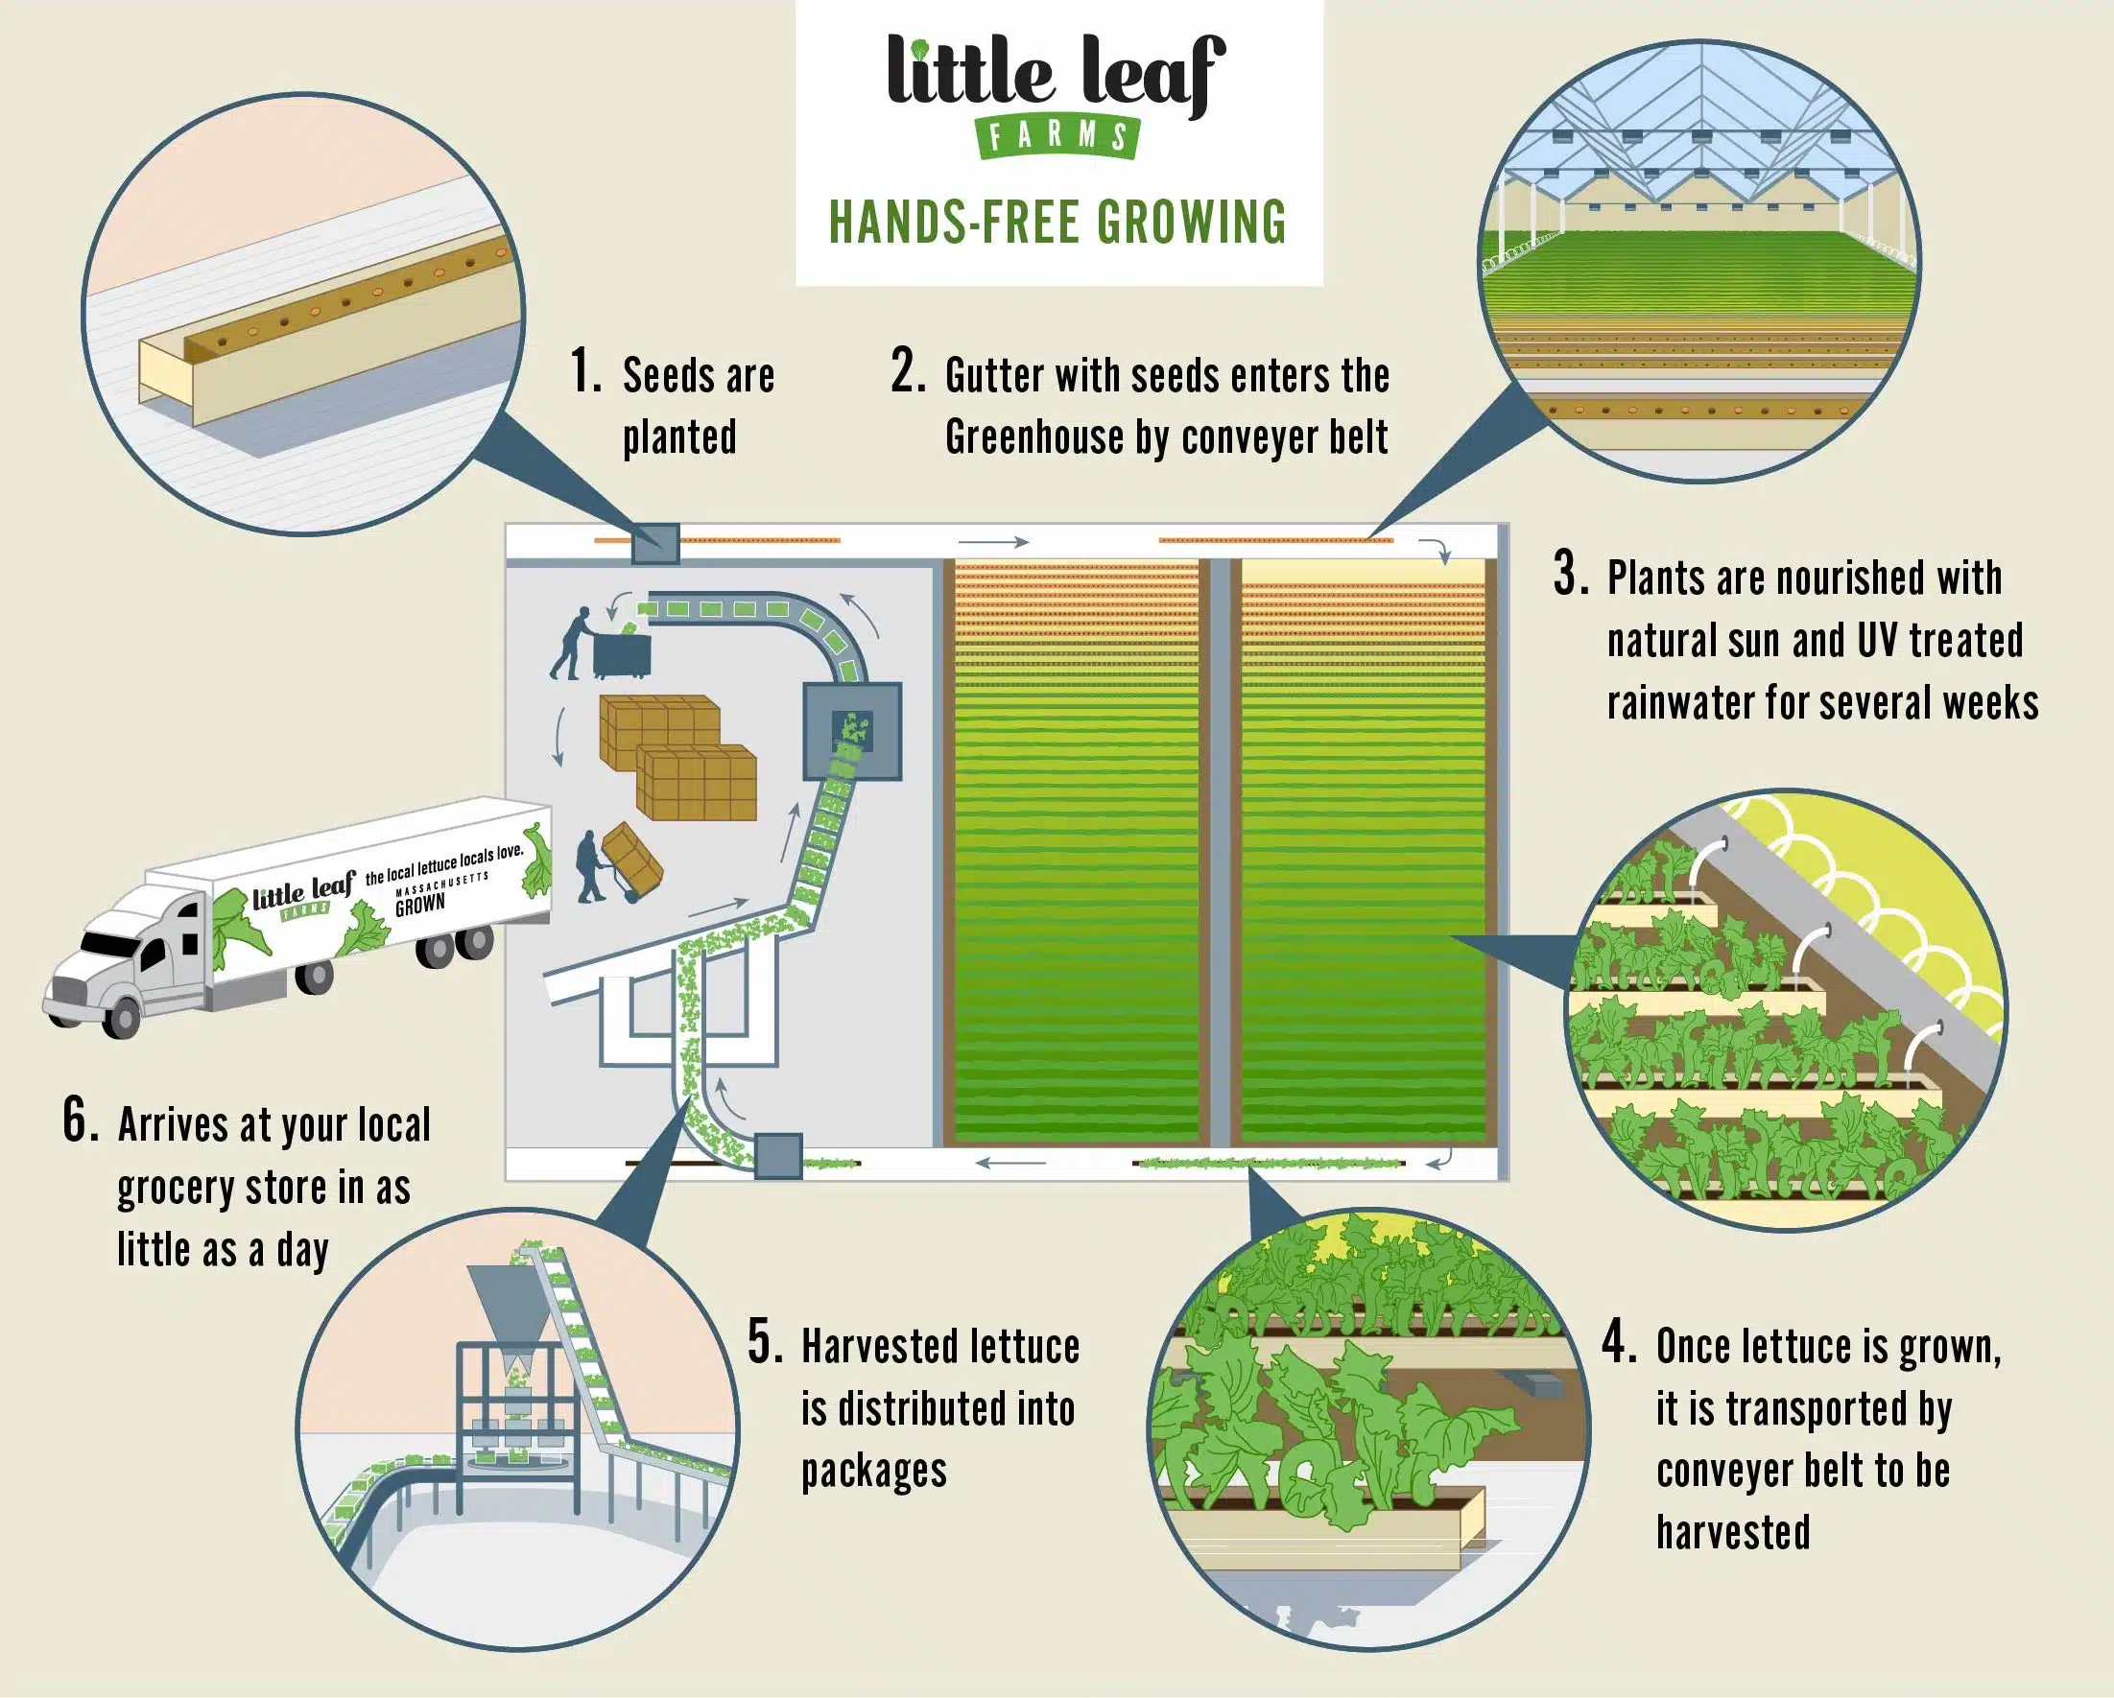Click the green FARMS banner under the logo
click(x=1057, y=135)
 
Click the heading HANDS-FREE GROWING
click(x=1058, y=222)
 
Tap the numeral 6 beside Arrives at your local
click(x=81, y=1120)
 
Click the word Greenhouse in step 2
click(x=1033, y=437)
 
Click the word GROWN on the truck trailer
click(x=419, y=905)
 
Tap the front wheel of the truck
click(x=122, y=1017)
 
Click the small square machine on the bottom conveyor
click(x=778, y=1156)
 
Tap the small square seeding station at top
click(x=655, y=544)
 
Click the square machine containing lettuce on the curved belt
click(x=852, y=731)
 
